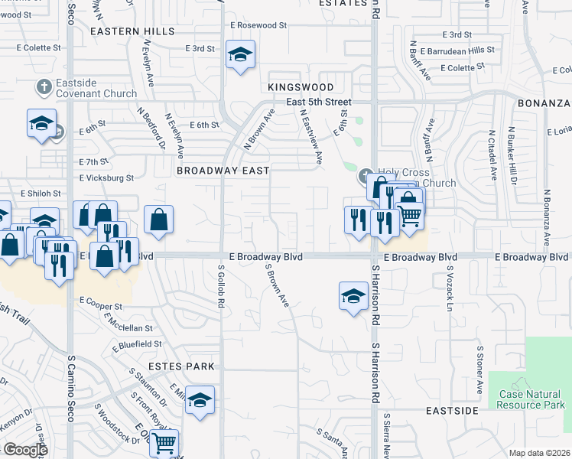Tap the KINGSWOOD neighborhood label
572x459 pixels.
[x=301, y=88]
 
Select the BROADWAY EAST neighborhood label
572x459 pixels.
[x=223, y=171]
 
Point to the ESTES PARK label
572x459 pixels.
[x=181, y=366]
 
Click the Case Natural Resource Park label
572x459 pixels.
[x=529, y=399]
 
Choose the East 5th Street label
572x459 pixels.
[x=319, y=102]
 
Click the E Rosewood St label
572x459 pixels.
[x=258, y=25]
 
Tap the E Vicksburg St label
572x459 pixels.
[x=106, y=177]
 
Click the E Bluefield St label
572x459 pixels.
[x=136, y=345]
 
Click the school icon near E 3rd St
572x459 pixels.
[x=240, y=55]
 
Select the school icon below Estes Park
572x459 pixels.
[x=200, y=400]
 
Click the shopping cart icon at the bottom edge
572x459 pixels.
[x=164, y=442]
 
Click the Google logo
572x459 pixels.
[x=25, y=450]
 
